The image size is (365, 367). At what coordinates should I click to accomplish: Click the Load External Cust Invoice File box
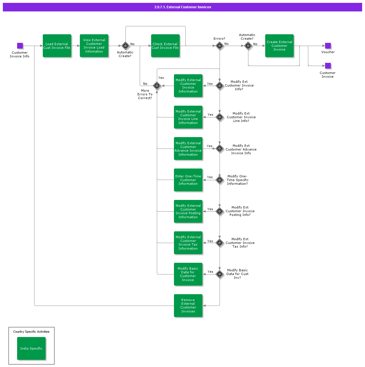click(57, 46)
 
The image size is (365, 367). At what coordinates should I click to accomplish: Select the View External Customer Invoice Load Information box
click(94, 46)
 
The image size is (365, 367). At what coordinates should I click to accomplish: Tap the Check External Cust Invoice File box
click(165, 46)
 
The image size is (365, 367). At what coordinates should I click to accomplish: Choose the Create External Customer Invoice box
click(279, 46)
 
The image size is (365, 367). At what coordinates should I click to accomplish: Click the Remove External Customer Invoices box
click(188, 306)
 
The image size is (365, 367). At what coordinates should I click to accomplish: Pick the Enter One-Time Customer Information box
click(188, 180)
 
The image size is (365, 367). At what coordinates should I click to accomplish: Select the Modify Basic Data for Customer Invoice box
click(188, 274)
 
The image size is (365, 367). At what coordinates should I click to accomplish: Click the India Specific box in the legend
click(31, 348)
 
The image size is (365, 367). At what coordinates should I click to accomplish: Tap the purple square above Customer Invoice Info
click(20, 46)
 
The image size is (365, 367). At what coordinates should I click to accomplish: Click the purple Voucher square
click(328, 46)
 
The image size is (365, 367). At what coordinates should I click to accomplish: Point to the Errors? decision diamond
click(220, 46)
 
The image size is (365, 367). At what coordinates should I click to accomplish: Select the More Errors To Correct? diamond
click(157, 86)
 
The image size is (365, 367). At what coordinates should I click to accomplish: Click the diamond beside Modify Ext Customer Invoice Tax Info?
click(220, 243)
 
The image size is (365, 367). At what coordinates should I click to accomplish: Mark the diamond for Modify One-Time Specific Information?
click(220, 180)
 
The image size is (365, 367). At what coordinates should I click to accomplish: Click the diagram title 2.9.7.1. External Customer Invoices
click(182, 7)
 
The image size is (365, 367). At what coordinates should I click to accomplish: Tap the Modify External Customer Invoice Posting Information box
click(188, 211)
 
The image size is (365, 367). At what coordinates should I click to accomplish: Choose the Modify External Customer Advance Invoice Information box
click(188, 149)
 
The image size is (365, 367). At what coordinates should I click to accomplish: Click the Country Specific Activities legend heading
click(31, 332)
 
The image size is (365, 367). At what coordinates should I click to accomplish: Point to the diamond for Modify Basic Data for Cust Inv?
click(220, 274)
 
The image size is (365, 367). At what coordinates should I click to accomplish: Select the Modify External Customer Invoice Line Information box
click(188, 117)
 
